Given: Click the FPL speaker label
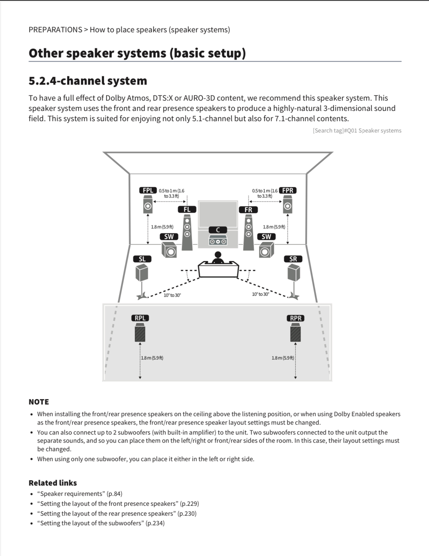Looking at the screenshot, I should pyautogui.click(x=148, y=191).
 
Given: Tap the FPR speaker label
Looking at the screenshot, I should pyautogui.click(x=288, y=191).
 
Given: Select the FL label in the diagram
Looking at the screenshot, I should pyautogui.click(x=187, y=209).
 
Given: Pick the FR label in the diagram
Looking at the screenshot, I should pyautogui.click(x=248, y=210).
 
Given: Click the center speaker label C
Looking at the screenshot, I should pyautogui.click(x=218, y=230).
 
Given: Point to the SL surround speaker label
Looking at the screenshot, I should pyautogui.click(x=142, y=259).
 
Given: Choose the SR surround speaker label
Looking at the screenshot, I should pyautogui.click(x=293, y=259).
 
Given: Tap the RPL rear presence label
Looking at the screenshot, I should pyautogui.click(x=140, y=318).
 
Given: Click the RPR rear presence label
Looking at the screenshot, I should pyautogui.click(x=295, y=318).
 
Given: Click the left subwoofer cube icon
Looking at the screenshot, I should pyautogui.click(x=169, y=250).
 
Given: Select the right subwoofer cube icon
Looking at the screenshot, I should pyautogui.click(x=266, y=250).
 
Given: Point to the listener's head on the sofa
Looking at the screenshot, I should pyautogui.click(x=218, y=255).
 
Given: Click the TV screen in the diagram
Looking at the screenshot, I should pyautogui.click(x=218, y=214).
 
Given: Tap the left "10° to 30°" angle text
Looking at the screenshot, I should pyautogui.click(x=172, y=295).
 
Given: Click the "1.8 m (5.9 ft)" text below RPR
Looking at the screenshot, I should pyautogui.click(x=283, y=358).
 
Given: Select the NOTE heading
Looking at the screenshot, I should pyautogui.click(x=39, y=402).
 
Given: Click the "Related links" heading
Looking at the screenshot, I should pyautogui.click(x=53, y=483).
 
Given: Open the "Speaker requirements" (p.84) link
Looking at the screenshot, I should pyautogui.click(x=80, y=494).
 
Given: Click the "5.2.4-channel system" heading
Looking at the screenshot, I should pyautogui.click(x=88, y=81).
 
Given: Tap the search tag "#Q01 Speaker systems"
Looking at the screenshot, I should pyautogui.click(x=372, y=130).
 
